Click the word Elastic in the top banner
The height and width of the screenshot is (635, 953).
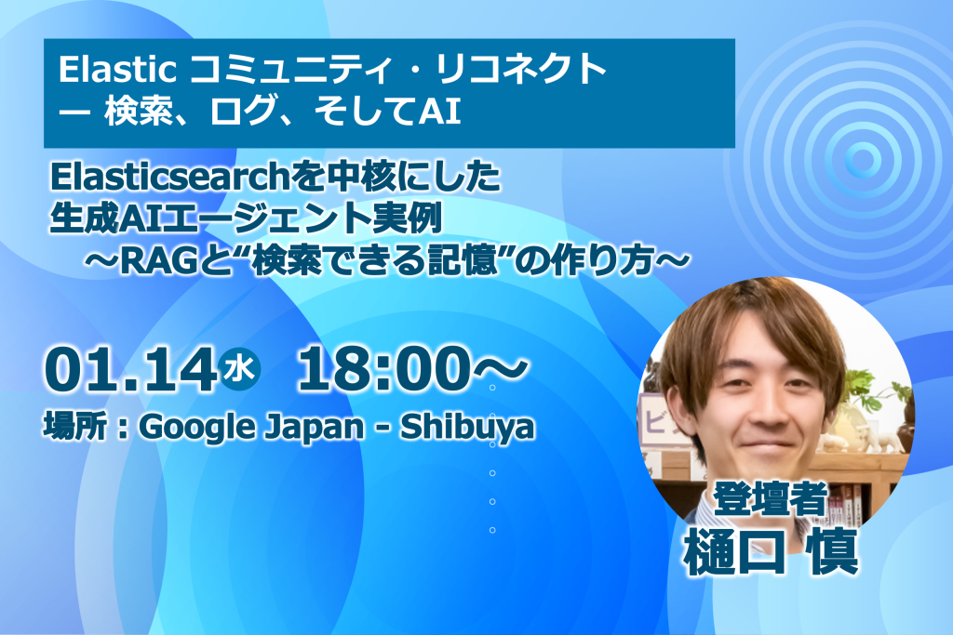(117, 69)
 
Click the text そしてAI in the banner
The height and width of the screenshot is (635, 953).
(388, 112)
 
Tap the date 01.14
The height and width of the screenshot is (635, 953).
(130, 370)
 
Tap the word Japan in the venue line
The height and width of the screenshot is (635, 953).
(314, 428)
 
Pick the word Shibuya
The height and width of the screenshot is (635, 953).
(467, 428)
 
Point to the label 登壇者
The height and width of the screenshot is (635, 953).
(771, 498)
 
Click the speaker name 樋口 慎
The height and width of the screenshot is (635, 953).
(772, 551)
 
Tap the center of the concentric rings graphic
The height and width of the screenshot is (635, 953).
(862, 161)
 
